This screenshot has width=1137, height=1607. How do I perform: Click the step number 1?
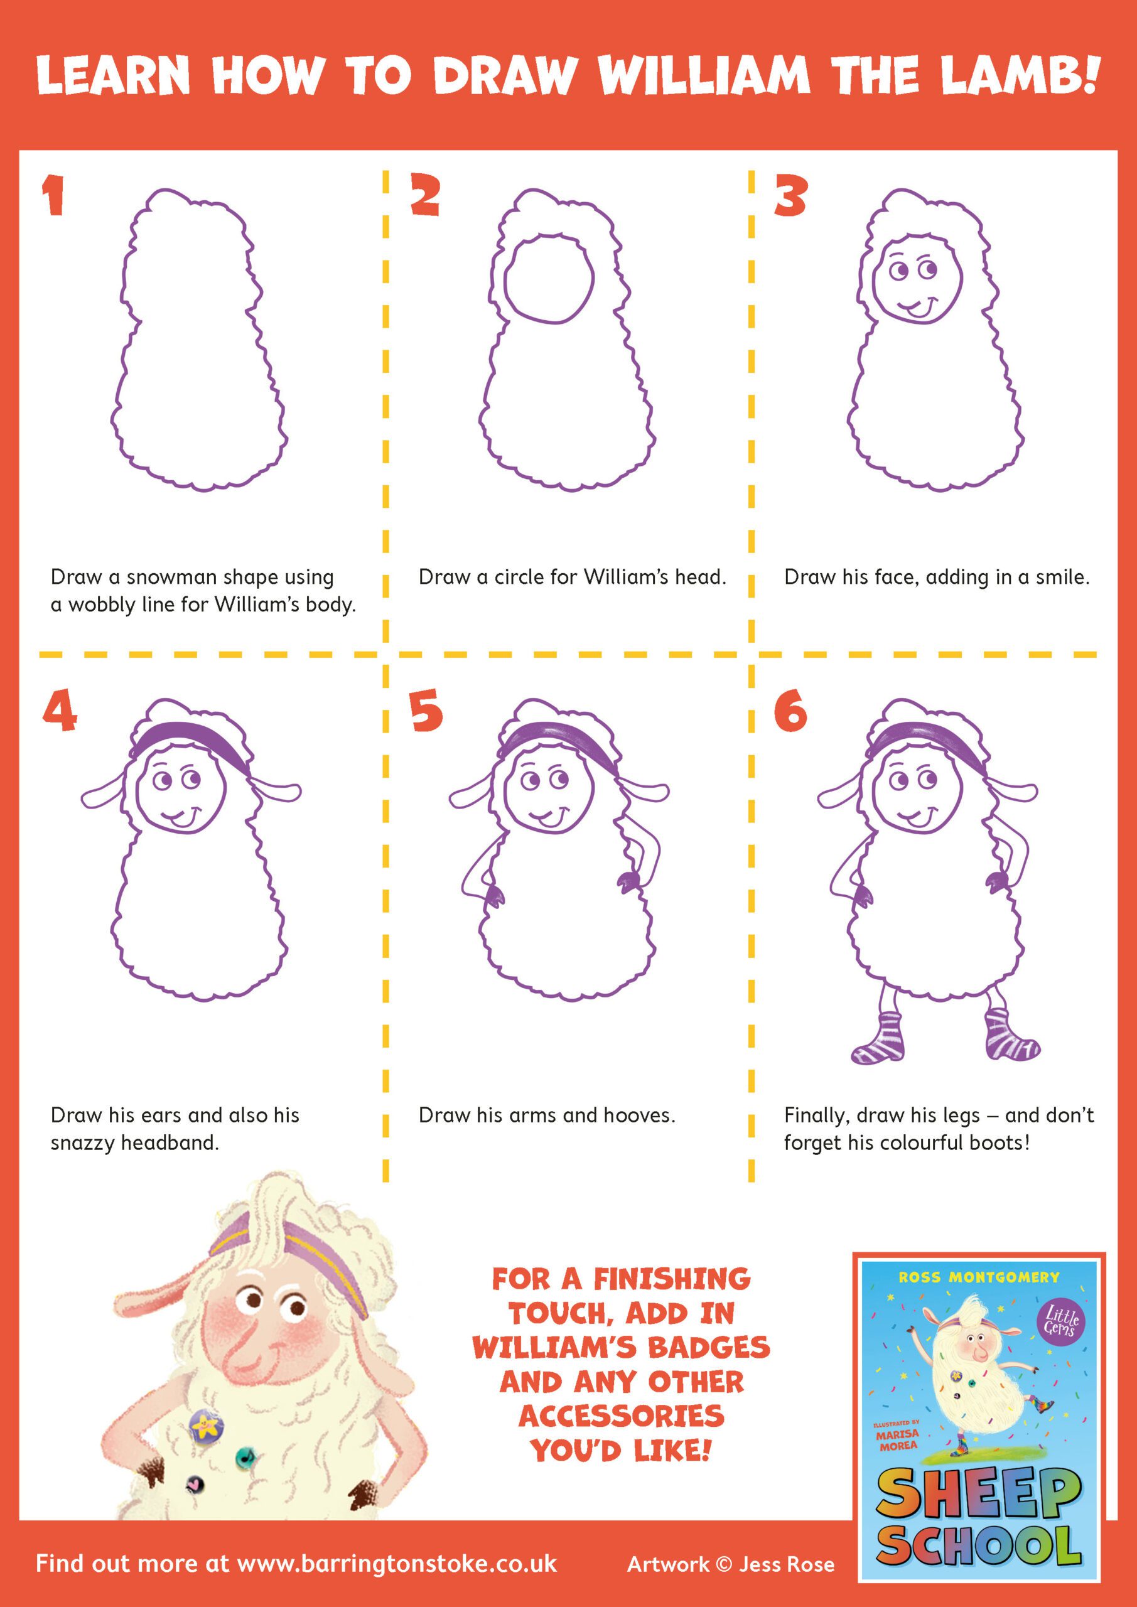click(53, 195)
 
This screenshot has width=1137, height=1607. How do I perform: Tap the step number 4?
click(60, 711)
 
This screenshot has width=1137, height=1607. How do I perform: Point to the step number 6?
click(790, 711)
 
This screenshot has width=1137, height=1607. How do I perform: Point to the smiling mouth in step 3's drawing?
click(918, 306)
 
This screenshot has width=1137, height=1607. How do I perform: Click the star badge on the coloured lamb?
click(206, 1423)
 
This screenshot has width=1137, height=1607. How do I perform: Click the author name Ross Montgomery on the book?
click(979, 1277)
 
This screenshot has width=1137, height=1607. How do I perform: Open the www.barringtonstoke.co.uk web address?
click(397, 1564)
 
